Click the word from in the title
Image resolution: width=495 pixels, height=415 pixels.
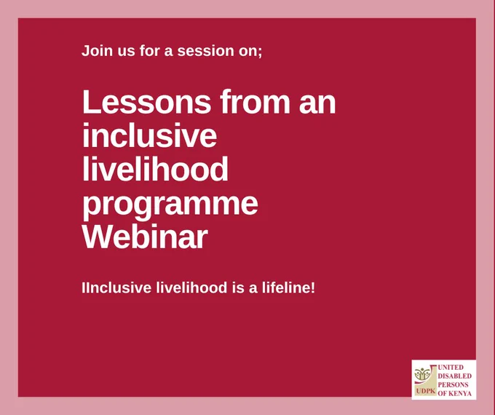coord(255,102)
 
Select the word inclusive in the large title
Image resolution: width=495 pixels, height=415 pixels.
coord(150,135)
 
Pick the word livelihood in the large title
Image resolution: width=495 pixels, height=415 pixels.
coord(155,169)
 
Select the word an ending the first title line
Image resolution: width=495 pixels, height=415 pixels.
coord(317,104)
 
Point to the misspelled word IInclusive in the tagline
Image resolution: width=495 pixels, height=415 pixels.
coord(116,288)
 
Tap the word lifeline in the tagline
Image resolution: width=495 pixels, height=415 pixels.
coord(286,288)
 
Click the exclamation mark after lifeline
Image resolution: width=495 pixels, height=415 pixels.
coord(313,288)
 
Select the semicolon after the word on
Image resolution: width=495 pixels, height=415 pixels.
coord(260,52)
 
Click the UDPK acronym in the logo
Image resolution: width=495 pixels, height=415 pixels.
coord(426,391)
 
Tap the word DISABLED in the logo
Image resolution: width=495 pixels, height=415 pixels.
coord(454,376)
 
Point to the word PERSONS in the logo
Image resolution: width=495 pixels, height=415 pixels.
coord(453,384)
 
